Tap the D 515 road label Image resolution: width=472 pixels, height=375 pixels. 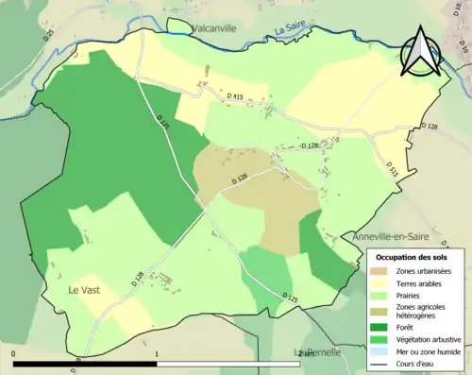(x=392, y=168)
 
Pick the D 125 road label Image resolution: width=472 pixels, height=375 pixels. (x=290, y=298)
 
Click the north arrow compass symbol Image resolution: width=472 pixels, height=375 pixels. (x=421, y=52)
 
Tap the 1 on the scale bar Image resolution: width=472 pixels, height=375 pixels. (x=157, y=355)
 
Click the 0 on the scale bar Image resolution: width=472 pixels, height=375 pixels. (x=14, y=355)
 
